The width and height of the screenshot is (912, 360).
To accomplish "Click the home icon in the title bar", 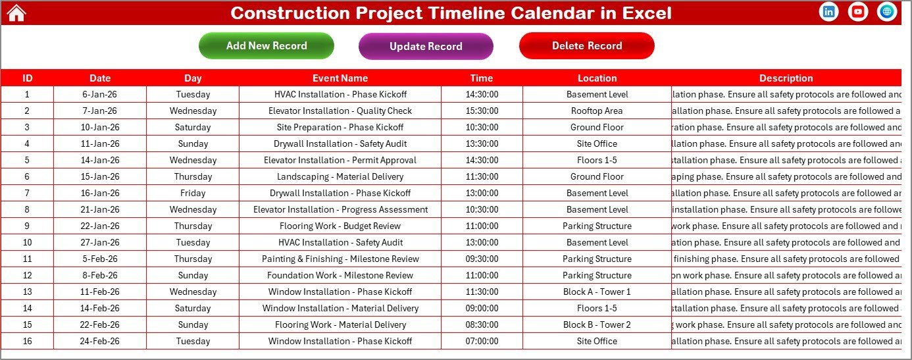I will point(16,13).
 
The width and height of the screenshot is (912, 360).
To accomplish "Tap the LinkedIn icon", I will point(829,12).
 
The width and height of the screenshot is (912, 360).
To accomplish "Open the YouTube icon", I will point(858,12).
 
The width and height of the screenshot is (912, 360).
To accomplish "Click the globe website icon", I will point(887,12).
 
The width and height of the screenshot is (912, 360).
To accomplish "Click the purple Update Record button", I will point(426,46).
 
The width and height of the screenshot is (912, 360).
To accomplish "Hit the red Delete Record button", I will point(586,45).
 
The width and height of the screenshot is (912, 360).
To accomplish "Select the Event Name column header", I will point(340,78).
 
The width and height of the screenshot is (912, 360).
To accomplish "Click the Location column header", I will point(597,78).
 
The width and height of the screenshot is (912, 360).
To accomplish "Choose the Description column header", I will point(786,78).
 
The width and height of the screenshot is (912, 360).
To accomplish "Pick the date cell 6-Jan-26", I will point(100,94).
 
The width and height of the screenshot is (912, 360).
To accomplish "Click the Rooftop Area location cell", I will point(597,111).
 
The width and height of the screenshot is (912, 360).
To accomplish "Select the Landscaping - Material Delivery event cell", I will point(340,176).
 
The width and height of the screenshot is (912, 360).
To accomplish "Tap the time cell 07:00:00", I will point(482,341).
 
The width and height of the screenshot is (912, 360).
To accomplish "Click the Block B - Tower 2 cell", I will point(597,324).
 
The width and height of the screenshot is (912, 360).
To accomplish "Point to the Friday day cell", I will point(193,193).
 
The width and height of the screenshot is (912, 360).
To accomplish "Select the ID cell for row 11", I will point(27,259).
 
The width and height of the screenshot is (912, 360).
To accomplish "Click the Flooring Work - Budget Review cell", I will point(340,226).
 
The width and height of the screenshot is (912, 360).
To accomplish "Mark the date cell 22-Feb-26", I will point(100,324).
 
